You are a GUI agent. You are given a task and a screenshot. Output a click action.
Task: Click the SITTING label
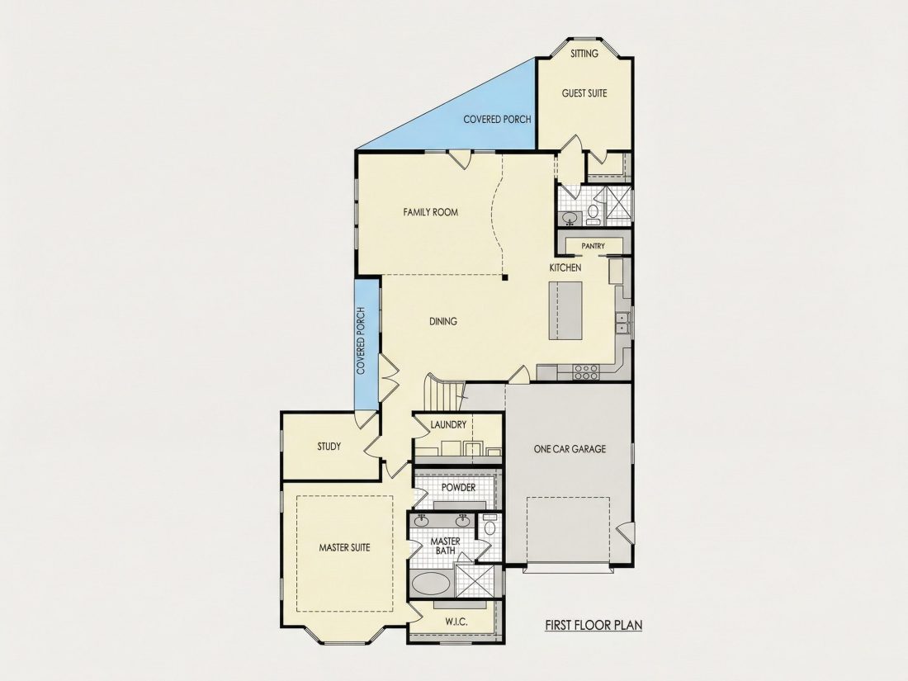tap(584, 54)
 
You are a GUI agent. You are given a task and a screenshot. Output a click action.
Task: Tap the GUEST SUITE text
tap(584, 93)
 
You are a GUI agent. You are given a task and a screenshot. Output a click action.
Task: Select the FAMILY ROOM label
tap(430, 212)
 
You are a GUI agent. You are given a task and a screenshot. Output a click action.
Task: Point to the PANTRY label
tap(593, 246)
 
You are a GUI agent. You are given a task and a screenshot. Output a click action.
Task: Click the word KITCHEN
tap(565, 267)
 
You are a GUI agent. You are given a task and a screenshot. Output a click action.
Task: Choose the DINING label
tap(443, 321)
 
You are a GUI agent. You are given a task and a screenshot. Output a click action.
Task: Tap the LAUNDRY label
tap(448, 425)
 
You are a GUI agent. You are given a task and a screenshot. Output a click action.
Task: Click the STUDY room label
tap(329, 447)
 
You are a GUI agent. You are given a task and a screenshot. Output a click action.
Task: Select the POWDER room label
tap(459, 488)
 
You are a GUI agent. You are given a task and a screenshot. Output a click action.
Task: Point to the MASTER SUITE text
tap(344, 547)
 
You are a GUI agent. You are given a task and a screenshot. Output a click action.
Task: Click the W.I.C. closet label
tap(456, 622)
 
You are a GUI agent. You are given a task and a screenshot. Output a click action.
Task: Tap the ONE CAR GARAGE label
tap(570, 449)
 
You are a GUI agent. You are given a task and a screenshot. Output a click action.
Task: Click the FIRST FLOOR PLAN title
tap(594, 626)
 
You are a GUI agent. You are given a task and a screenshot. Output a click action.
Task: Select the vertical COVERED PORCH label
tap(361, 340)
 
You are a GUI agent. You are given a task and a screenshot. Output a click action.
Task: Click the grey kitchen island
tap(565, 311)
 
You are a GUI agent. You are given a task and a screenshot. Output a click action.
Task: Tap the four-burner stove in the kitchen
tap(585, 371)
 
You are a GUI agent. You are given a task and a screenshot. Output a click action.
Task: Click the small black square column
tap(505, 278)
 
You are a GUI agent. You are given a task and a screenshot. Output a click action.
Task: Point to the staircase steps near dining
tap(446, 394)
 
